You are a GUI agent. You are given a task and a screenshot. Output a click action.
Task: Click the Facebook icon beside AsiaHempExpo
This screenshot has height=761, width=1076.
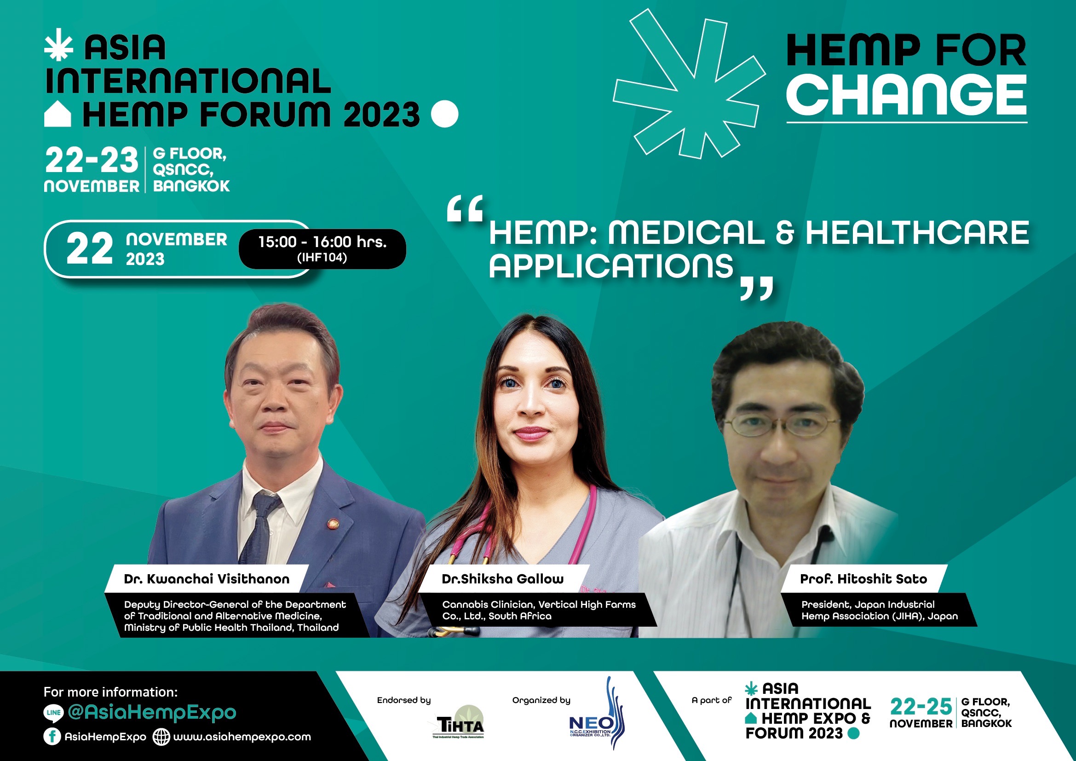coord(52,736)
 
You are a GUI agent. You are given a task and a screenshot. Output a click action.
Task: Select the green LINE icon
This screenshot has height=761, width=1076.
coord(53,713)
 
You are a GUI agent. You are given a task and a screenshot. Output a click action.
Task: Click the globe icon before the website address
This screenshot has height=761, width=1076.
coord(161,737)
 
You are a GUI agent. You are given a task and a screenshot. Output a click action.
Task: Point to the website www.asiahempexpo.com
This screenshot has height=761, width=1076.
coord(242,737)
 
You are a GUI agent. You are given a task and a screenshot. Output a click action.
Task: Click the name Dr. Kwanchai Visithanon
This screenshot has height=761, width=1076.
coord(207,579)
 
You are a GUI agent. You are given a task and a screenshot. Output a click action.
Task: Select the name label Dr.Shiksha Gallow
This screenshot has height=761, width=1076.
coord(502,579)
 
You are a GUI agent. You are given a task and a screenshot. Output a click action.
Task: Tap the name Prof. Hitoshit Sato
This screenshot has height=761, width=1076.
coord(863,579)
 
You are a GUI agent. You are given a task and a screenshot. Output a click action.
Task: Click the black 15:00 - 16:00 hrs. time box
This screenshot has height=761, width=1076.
coord(322,249)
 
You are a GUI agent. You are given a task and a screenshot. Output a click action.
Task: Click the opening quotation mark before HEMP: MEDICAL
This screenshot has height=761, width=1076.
coord(465,209)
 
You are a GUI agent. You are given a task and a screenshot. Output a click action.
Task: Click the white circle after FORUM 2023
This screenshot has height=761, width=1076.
coord(444,114)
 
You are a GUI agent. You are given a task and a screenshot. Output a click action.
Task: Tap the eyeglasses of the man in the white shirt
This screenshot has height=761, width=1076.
coord(781,425)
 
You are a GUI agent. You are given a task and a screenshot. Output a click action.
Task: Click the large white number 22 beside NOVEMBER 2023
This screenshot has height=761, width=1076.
coord(90,248)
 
